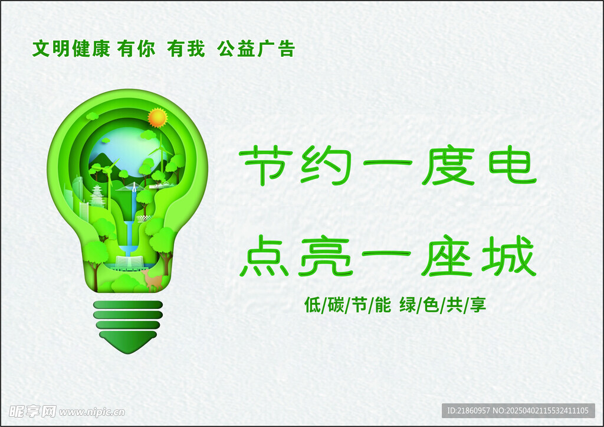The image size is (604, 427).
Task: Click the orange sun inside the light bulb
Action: (x=157, y=118)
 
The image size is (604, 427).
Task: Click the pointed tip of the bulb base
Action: (x=128, y=353)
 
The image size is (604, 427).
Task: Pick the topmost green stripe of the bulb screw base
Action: (x=128, y=305)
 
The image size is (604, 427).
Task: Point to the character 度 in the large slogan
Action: (x=447, y=166)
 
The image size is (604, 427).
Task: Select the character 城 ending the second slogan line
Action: (x=509, y=256)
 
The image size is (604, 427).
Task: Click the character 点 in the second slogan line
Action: (x=265, y=256)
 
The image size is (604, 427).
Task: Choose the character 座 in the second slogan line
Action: (x=447, y=256)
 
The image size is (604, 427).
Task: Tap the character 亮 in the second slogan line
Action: (x=326, y=256)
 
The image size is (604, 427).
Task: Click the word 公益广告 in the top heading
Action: (x=256, y=49)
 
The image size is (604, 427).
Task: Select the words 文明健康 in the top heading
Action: (x=71, y=49)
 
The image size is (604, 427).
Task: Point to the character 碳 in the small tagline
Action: (x=336, y=305)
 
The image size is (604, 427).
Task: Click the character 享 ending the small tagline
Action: (x=478, y=305)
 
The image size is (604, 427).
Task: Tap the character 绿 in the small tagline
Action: (x=408, y=305)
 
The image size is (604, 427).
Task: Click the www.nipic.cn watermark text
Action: (x=92, y=412)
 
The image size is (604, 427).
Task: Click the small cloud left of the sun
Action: (x=92, y=115)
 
